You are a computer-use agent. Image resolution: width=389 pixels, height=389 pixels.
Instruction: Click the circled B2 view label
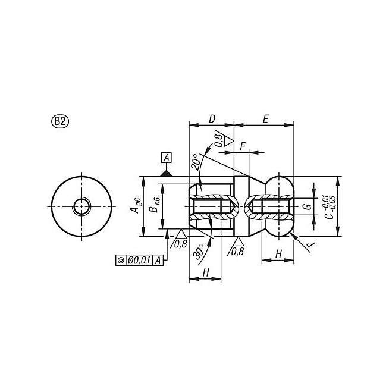click(x=60, y=121)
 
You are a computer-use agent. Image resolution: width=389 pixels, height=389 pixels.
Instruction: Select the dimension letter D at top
click(x=212, y=119)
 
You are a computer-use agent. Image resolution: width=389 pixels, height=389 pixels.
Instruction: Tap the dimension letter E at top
click(x=265, y=119)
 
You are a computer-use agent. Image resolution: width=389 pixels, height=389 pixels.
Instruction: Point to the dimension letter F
click(x=243, y=147)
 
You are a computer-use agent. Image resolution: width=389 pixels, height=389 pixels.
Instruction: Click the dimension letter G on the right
click(x=308, y=206)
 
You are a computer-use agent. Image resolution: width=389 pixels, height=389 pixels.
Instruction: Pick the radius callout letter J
click(x=310, y=244)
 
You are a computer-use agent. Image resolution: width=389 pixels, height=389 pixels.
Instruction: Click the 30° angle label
click(x=199, y=252)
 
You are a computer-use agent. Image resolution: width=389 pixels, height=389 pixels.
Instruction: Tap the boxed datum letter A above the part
click(x=167, y=158)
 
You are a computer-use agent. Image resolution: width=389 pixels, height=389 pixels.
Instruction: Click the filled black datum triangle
click(x=166, y=174)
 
